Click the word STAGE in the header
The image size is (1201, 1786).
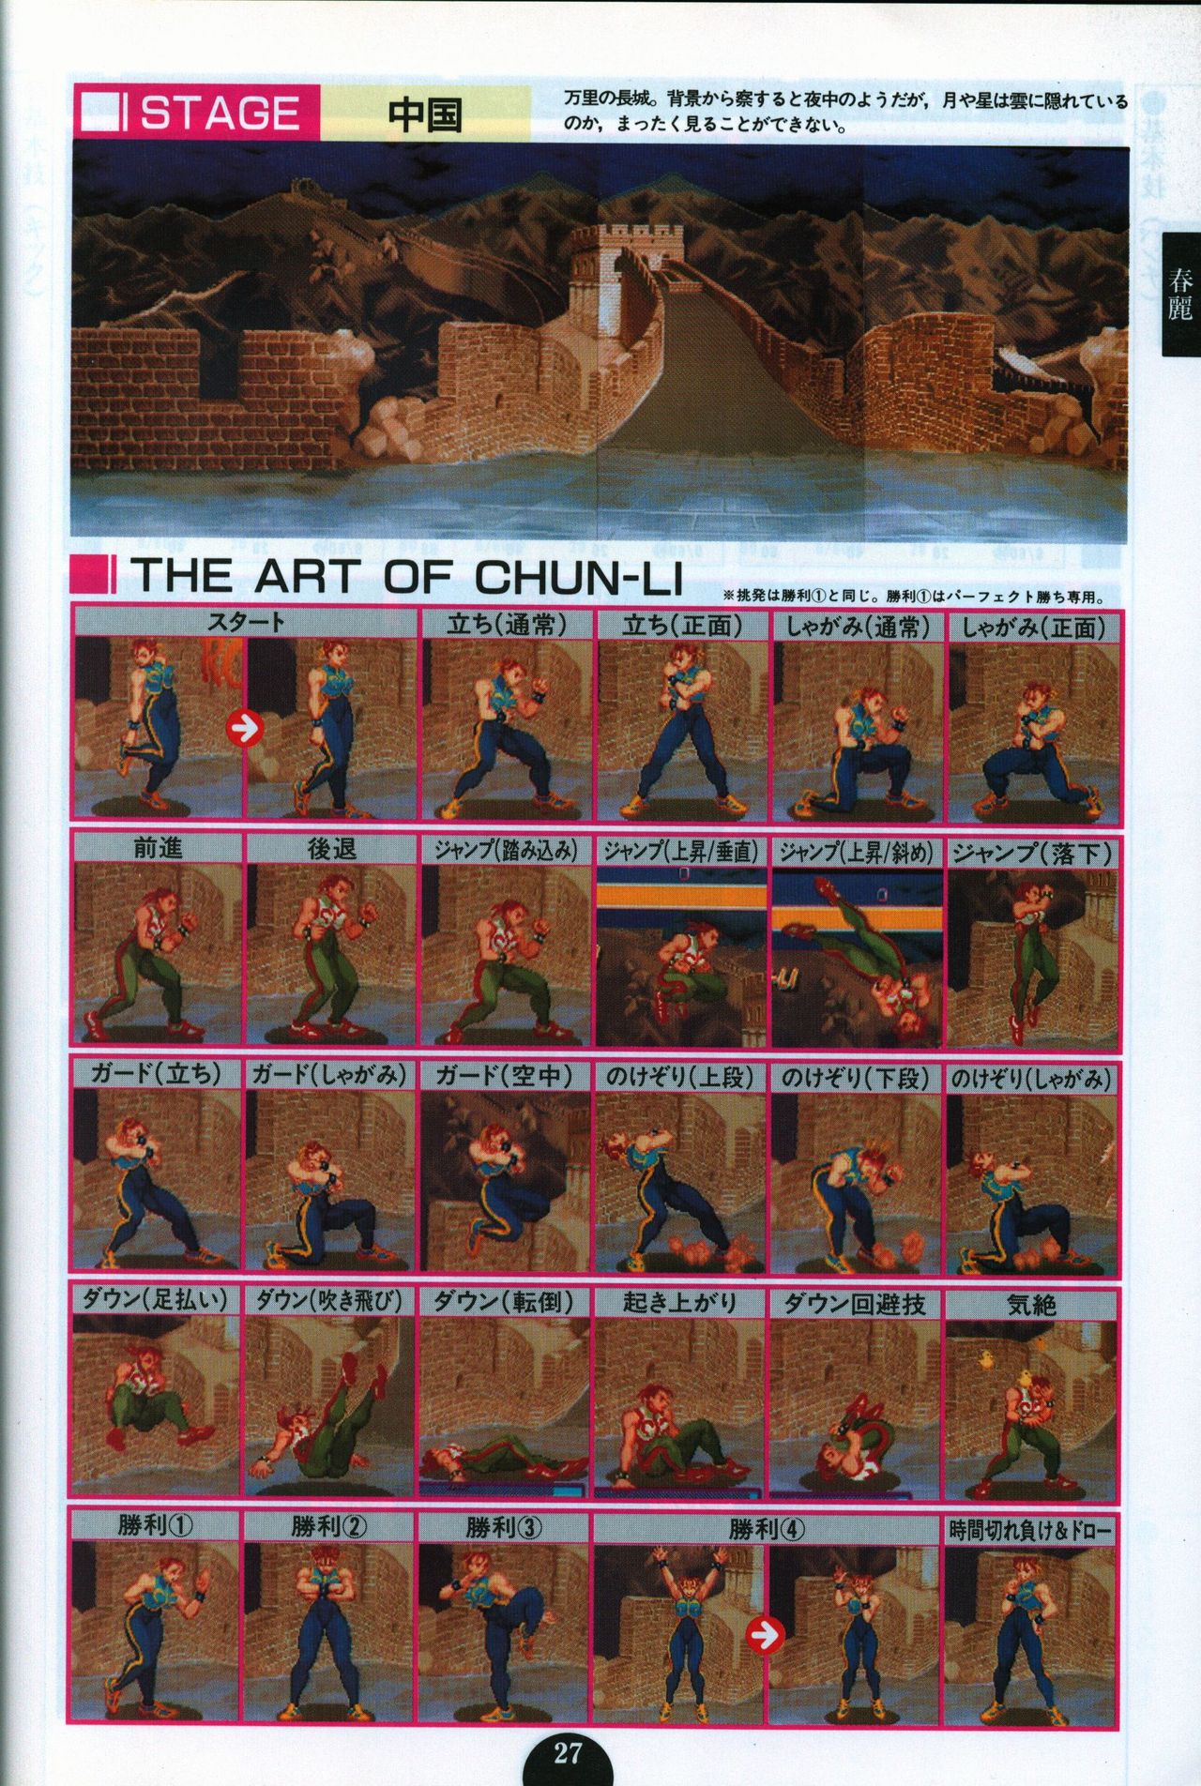tap(220, 114)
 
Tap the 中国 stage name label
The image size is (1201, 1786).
tap(425, 113)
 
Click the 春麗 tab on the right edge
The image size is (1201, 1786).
tap(1180, 294)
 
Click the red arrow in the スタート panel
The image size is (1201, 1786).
tap(244, 727)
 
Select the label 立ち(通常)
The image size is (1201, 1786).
tap(507, 626)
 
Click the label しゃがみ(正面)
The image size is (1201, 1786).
tap(1032, 627)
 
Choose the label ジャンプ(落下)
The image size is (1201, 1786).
tap(1032, 851)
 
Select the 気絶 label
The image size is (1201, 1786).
tap(1030, 1303)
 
